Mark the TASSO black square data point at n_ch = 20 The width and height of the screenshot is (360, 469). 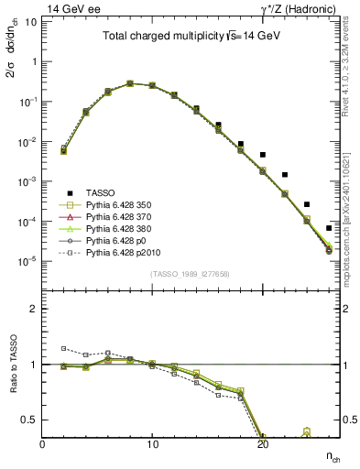[263, 155]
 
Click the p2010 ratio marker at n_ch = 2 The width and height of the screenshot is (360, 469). [63, 348]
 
